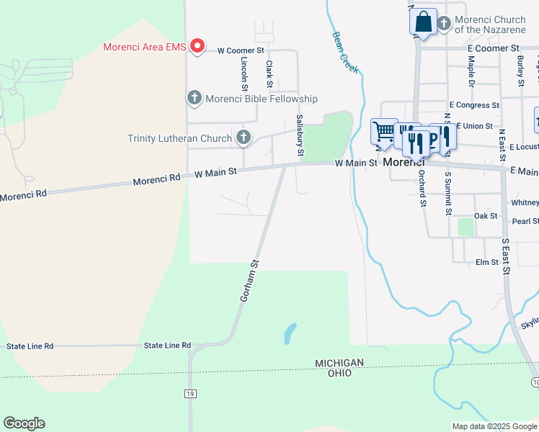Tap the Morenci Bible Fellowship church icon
(194, 98)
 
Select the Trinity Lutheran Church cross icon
(244, 138)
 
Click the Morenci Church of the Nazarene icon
(444, 24)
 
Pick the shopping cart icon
(383, 131)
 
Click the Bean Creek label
(345, 51)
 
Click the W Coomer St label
(241, 50)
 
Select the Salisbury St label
(299, 136)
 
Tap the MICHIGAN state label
(339, 363)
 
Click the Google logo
(24, 423)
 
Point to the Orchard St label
(422, 187)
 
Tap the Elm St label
(487, 262)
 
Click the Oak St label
(486, 216)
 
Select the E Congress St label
(473, 105)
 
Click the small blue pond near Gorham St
(290, 333)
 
